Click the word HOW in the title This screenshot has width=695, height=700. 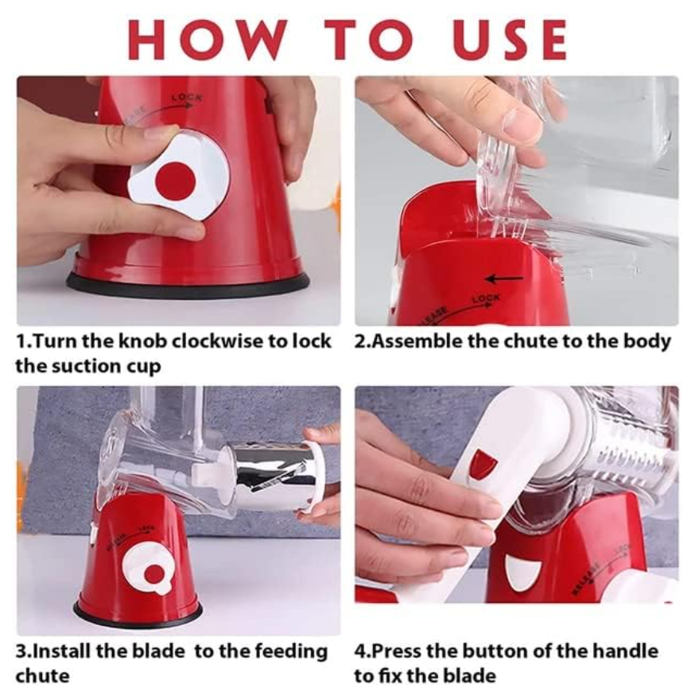tap(207, 40)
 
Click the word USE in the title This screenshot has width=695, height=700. tap(508, 40)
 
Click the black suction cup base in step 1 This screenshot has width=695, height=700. tap(188, 285)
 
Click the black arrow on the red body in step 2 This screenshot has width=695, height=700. tap(504, 279)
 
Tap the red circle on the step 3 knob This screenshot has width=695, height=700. tap(153, 574)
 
